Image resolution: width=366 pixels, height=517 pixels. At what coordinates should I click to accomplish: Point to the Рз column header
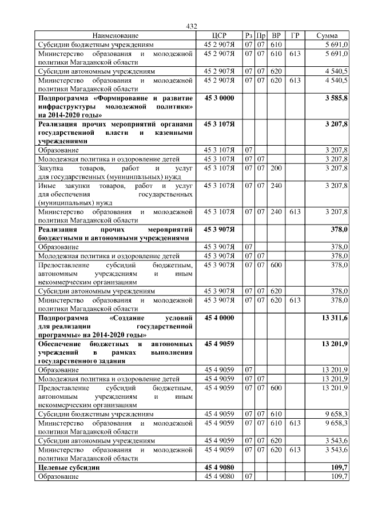click(x=248, y=35)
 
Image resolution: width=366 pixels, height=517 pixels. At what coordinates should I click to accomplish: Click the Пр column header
click(x=261, y=35)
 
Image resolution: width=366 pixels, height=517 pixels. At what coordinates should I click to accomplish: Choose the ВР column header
click(x=276, y=35)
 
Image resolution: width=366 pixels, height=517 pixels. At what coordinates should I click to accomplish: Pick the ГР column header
click(x=295, y=35)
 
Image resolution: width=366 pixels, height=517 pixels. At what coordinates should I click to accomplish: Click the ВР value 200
click(x=276, y=168)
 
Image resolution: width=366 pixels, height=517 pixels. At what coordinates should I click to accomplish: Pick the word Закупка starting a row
click(x=51, y=168)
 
